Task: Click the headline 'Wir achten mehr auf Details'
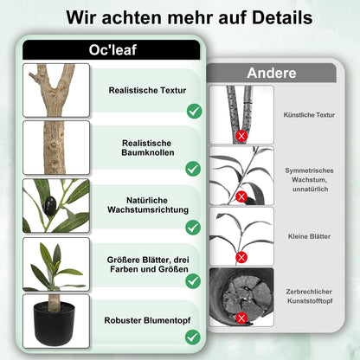[179, 16]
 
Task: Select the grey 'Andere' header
[271, 73]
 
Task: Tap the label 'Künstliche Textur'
[309, 114]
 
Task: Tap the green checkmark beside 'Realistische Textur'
[194, 111]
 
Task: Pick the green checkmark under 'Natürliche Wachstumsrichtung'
[194, 228]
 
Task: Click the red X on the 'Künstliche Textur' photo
[242, 136]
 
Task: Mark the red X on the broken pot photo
[242, 318]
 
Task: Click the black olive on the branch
[51, 204]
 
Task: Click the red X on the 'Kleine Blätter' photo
[242, 258]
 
